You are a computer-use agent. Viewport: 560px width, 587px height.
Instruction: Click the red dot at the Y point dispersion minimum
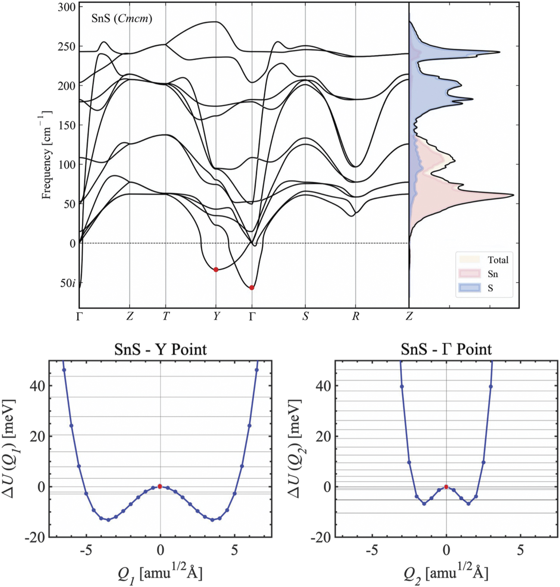[216, 270]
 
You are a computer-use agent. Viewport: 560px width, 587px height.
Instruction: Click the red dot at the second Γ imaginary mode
[252, 288]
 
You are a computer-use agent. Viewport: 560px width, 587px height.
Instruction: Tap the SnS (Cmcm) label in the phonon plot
[121, 19]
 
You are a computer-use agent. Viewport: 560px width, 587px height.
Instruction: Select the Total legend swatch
[470, 260]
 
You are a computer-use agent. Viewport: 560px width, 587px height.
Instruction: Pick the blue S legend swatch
[470, 288]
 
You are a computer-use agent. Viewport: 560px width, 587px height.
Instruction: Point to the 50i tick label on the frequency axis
[68, 283]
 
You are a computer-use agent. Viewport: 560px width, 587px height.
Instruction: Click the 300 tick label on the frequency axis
[66, 7]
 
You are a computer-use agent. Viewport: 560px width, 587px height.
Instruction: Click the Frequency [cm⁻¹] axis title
[47, 155]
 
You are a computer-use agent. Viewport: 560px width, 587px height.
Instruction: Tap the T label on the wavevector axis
[166, 317]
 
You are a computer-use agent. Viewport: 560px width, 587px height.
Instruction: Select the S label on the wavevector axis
[305, 317]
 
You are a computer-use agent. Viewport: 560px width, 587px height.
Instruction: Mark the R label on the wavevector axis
[355, 317]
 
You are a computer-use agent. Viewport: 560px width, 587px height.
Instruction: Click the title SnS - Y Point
[160, 349]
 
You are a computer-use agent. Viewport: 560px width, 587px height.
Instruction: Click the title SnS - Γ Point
[446, 349]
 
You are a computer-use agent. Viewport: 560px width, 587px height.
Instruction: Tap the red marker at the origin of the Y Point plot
[160, 487]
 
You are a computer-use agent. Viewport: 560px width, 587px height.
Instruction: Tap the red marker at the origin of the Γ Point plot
[446, 487]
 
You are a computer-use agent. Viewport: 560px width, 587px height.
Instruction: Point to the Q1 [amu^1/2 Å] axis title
[160, 573]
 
